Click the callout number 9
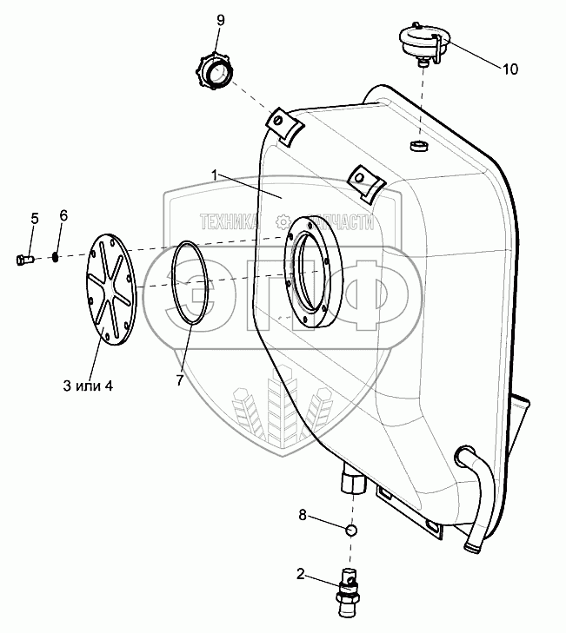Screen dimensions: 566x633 pyautogui.click(x=220, y=20)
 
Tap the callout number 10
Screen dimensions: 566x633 pyautogui.click(x=510, y=69)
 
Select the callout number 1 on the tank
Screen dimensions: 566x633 pyautogui.click(x=215, y=175)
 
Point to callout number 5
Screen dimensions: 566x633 pyautogui.click(x=35, y=219)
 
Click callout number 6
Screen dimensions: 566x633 pyautogui.click(x=63, y=215)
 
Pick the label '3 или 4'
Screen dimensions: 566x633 pyautogui.click(x=88, y=386)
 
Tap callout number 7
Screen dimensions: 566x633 pyautogui.click(x=179, y=379)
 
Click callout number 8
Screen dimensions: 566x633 pyautogui.click(x=303, y=515)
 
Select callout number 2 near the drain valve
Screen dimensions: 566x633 pyautogui.click(x=300, y=574)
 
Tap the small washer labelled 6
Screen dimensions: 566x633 pyautogui.click(x=55, y=257)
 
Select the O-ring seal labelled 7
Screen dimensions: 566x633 pyautogui.click(x=171, y=282)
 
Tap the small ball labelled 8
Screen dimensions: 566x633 pyautogui.click(x=351, y=530)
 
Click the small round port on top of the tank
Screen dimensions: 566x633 pyautogui.click(x=419, y=145)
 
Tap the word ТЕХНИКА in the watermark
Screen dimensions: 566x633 pyautogui.click(x=229, y=222)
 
